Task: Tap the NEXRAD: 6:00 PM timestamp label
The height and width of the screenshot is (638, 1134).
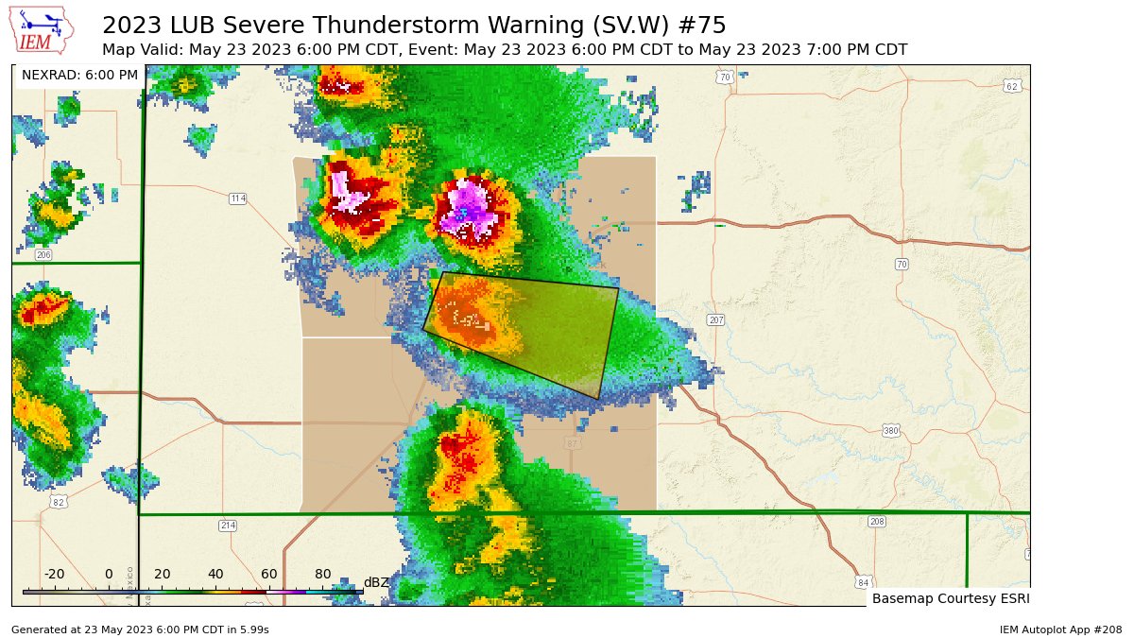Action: tap(79, 75)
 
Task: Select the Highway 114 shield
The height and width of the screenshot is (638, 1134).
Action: tap(237, 198)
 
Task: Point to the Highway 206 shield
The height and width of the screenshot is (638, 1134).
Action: tap(43, 255)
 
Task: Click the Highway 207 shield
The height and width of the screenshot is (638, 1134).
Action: tap(715, 320)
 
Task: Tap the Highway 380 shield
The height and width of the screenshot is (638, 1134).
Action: tap(890, 431)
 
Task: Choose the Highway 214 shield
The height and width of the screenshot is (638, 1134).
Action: tap(227, 526)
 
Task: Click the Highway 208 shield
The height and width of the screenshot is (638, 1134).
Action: tap(877, 522)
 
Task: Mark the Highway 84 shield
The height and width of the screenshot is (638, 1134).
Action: tap(862, 581)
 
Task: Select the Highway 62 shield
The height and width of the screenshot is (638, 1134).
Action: tap(1011, 86)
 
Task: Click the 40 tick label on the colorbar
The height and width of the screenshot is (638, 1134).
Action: tap(215, 575)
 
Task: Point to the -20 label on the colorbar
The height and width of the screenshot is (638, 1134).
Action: tap(55, 575)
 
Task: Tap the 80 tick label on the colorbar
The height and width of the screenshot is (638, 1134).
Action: tap(322, 575)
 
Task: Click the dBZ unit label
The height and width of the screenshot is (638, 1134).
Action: tap(376, 582)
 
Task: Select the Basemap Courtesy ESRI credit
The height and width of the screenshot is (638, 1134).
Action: tap(950, 598)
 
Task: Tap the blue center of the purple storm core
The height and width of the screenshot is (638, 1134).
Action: tap(462, 215)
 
